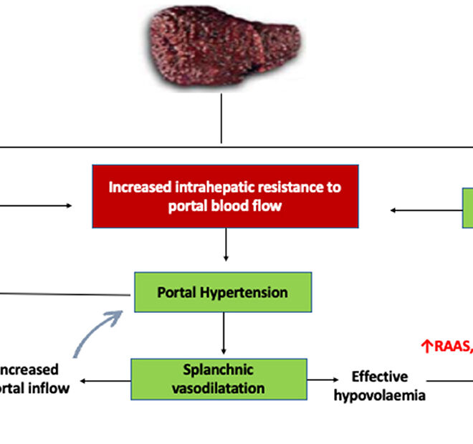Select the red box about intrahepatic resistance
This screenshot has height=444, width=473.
(225, 196)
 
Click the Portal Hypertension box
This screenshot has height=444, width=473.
(223, 292)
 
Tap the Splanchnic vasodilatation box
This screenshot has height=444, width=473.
(219, 379)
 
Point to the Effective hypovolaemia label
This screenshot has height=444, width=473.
(380, 385)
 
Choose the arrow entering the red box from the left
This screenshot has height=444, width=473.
(36, 206)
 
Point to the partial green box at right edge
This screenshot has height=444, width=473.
(467, 208)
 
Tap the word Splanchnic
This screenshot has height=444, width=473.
(218, 371)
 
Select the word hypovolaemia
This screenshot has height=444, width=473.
(380, 395)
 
